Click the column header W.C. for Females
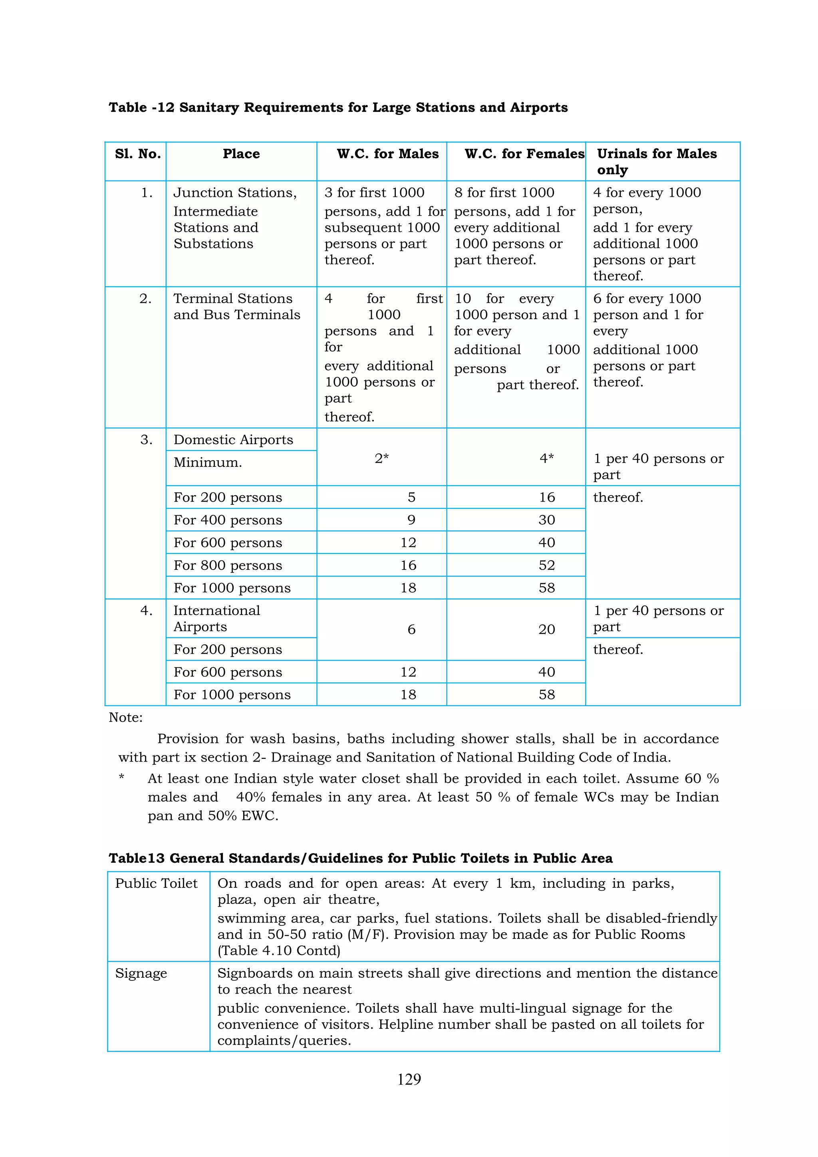tap(524, 154)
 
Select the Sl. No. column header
tap(137, 154)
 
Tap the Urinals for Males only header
tap(656, 161)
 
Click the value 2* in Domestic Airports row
tap(381, 458)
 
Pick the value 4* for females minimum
tap(546, 458)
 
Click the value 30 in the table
tap(546, 520)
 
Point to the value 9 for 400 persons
tap(411, 520)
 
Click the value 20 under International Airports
tap(546, 629)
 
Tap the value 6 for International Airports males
tap(411, 629)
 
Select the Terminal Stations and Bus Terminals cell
tap(236, 306)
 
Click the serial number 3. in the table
tap(146, 440)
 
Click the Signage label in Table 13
tap(141, 973)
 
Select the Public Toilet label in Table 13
tap(156, 883)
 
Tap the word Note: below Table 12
tap(125, 717)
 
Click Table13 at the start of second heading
tap(137, 858)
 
